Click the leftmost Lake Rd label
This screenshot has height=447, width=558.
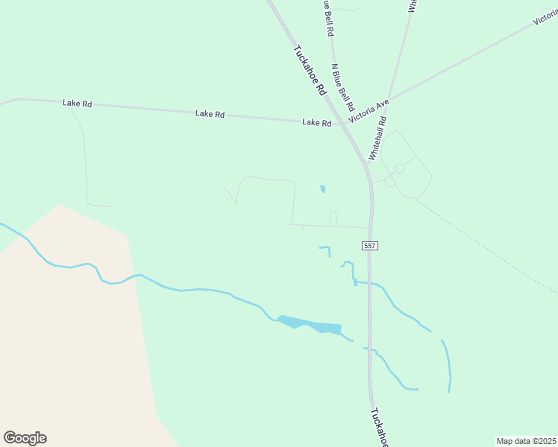(x=78, y=104)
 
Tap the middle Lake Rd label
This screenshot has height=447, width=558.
(x=210, y=114)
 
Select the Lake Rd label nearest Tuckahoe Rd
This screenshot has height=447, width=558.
(x=316, y=122)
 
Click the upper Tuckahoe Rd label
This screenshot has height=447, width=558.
(x=310, y=71)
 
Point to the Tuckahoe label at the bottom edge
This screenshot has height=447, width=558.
(x=380, y=428)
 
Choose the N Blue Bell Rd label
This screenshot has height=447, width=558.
(x=342, y=87)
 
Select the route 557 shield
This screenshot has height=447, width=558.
(x=369, y=246)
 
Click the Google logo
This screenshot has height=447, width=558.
(x=25, y=438)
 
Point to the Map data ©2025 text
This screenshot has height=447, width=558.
(x=526, y=440)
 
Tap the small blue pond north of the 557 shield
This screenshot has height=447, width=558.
(x=322, y=189)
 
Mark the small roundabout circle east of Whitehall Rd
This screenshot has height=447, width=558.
(x=399, y=169)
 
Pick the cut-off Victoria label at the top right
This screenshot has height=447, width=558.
(x=546, y=19)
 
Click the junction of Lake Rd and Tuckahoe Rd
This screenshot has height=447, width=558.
(x=345, y=124)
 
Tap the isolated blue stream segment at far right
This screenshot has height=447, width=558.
(x=448, y=365)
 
